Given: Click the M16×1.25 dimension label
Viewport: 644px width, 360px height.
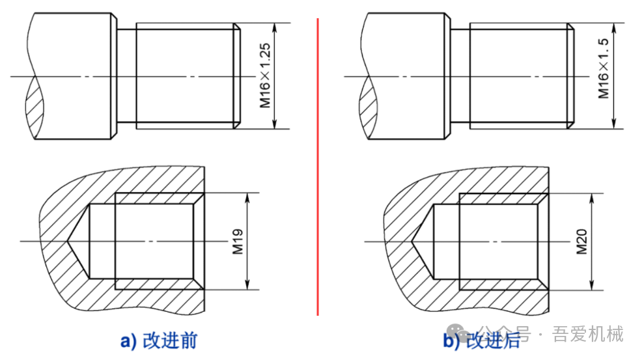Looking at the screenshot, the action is click(265, 76).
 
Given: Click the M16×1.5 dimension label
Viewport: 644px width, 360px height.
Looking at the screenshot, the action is click(604, 68).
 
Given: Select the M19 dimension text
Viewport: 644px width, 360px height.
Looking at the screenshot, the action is click(238, 242).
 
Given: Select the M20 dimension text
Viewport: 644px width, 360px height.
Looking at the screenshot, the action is click(581, 242).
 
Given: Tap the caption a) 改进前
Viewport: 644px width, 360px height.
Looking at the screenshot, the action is click(159, 340).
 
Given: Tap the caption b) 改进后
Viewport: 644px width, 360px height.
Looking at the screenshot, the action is click(481, 340).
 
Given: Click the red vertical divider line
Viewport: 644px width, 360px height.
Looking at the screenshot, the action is click(318, 167).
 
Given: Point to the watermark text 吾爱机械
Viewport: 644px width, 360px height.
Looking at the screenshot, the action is click(588, 334).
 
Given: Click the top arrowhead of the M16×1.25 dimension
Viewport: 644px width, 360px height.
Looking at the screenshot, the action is click(275, 28).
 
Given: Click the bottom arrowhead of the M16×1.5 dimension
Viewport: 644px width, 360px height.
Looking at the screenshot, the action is click(614, 124).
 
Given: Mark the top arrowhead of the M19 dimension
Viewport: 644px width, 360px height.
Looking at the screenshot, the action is click(247, 198).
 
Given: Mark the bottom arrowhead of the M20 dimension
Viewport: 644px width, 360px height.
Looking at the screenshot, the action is click(592, 285).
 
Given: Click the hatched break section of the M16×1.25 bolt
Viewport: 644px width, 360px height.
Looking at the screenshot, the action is click(34, 108).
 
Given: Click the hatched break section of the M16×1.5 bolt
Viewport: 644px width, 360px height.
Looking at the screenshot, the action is click(368, 108).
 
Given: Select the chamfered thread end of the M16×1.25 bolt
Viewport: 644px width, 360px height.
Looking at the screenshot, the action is click(236, 76).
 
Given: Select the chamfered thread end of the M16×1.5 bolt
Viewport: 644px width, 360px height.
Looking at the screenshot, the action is click(570, 76).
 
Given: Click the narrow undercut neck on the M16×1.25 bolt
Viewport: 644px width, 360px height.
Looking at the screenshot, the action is click(126, 76).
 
